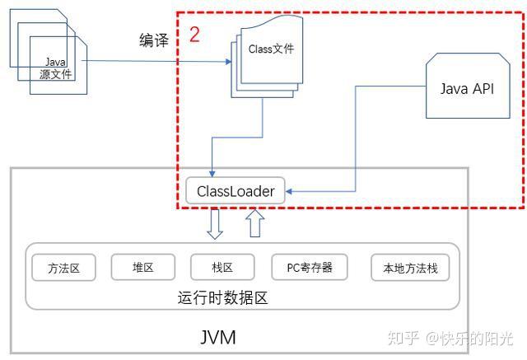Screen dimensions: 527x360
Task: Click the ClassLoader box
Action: tap(236, 190)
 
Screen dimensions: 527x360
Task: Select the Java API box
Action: tap(468, 86)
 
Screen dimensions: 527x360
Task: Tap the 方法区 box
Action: tap(63, 268)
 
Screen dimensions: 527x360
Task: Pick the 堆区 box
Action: tap(142, 267)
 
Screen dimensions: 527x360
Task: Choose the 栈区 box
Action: tap(222, 267)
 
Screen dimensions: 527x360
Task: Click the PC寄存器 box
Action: tap(310, 267)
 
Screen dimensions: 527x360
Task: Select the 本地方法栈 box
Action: tap(410, 268)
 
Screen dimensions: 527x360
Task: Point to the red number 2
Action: tap(194, 35)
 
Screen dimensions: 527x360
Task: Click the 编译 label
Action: tap(154, 40)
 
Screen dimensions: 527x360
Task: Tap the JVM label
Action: tap(217, 337)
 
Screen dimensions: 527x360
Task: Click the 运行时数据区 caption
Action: tap(222, 298)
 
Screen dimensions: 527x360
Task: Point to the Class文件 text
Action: tap(271, 49)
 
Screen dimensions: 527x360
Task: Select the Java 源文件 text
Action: tap(55, 68)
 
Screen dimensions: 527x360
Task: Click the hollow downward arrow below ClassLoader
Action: tap(215, 224)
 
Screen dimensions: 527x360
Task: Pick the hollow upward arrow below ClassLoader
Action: tap(255, 223)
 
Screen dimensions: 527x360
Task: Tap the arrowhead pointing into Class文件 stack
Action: tap(228, 62)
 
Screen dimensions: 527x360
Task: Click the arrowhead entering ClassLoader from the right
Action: tap(289, 191)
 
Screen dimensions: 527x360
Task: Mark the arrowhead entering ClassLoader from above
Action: tap(212, 174)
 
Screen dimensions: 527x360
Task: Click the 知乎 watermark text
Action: tap(403, 338)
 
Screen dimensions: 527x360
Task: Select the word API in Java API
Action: tap(483, 89)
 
